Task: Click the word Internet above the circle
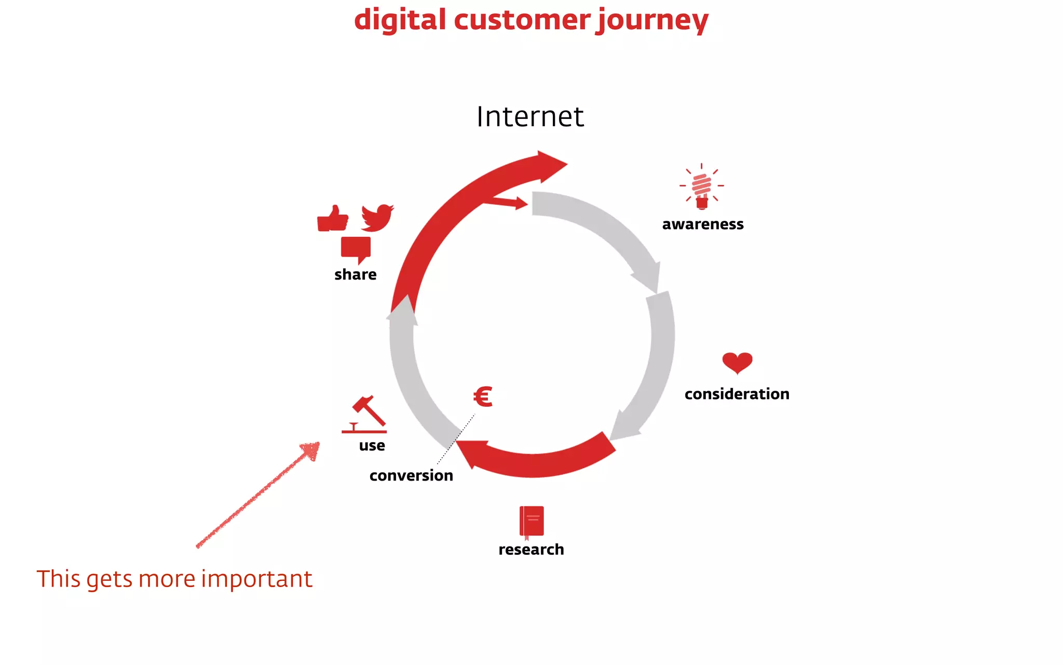(x=530, y=116)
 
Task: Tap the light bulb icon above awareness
(x=702, y=187)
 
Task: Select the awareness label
(x=703, y=224)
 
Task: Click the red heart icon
(x=737, y=362)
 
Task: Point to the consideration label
(x=737, y=394)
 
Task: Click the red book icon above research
(x=531, y=521)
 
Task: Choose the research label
(x=531, y=549)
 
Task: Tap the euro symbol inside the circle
(x=483, y=397)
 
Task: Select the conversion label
(x=411, y=475)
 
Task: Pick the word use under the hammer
(x=372, y=446)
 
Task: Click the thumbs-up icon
(x=332, y=218)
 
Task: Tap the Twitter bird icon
(x=377, y=217)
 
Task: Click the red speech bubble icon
(x=356, y=248)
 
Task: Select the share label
(x=355, y=274)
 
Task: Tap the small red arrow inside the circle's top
(x=506, y=202)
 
